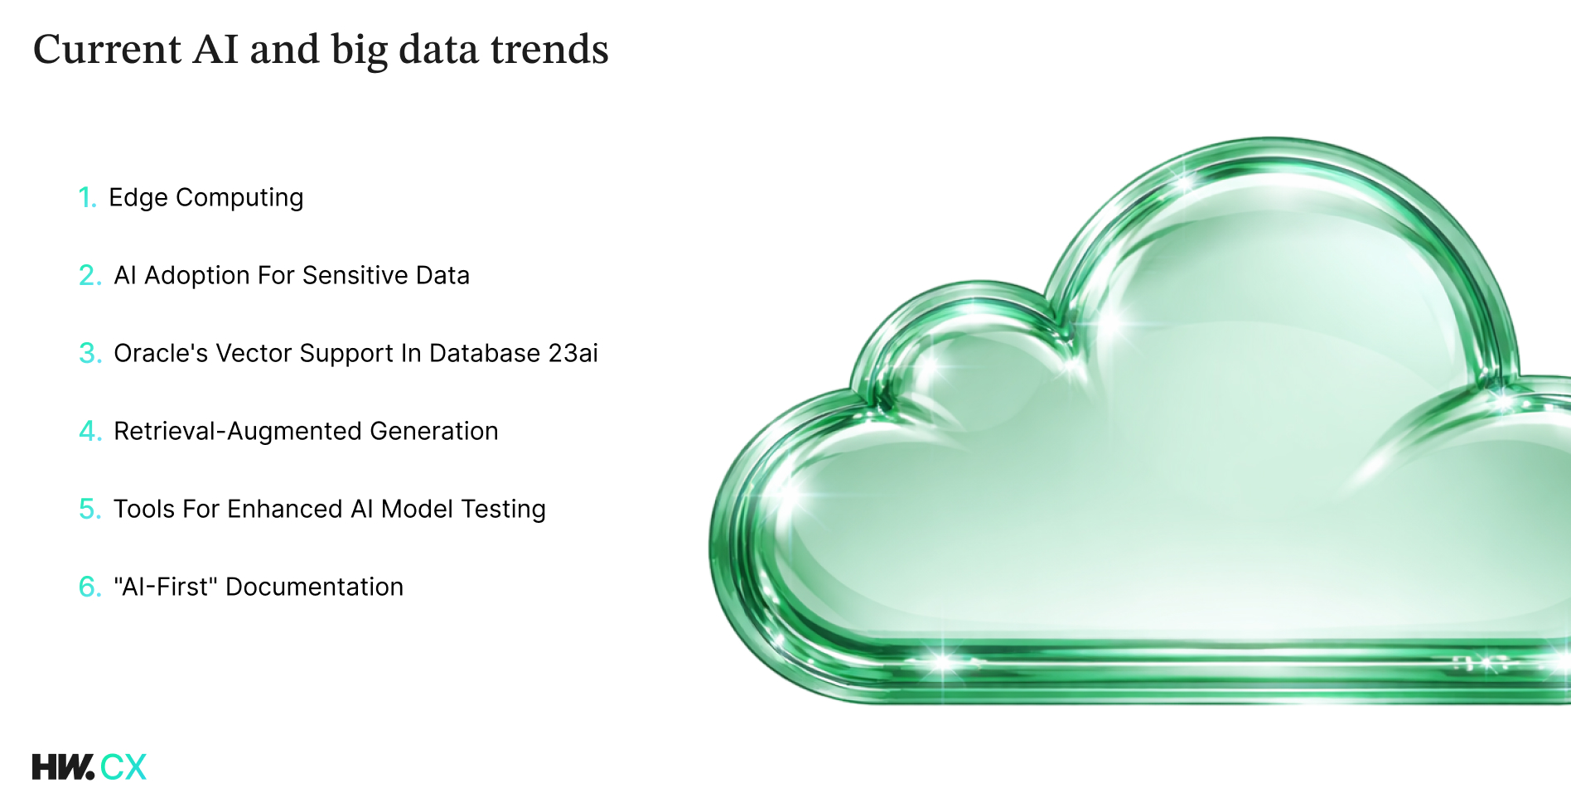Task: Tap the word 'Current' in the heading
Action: pos(107,49)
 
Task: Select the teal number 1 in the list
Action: pos(88,197)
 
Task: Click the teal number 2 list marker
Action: pos(90,275)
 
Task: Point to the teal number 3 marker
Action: pos(90,353)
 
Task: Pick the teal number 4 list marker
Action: pos(90,431)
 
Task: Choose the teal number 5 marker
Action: pos(90,509)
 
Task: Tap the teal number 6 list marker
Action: pos(90,587)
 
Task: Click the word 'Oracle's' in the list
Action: pos(161,353)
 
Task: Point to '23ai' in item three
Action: pos(573,353)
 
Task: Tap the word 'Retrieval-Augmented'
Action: pos(238,432)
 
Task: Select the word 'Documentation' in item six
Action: pos(315,587)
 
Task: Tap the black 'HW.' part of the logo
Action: pos(63,766)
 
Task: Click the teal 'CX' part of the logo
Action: pos(123,766)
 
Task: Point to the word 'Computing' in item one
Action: pos(239,198)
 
